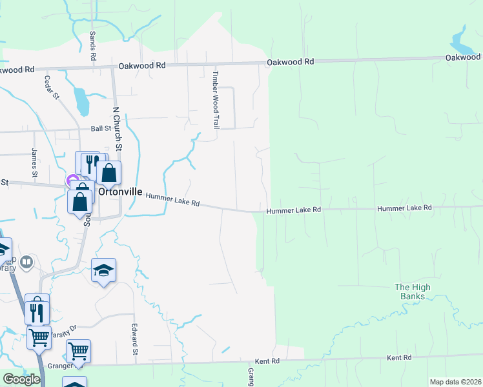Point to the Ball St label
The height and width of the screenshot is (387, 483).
pos(101,128)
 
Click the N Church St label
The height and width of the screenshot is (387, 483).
pos(118,128)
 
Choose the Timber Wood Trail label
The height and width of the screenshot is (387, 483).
pos(216,99)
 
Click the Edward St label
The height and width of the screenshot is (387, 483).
pos(135,339)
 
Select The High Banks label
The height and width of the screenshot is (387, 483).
pos(412,292)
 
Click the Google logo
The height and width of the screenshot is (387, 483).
pos(21,379)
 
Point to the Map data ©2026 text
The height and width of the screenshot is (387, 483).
pos(455,382)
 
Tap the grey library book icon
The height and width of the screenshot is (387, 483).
pos(26,262)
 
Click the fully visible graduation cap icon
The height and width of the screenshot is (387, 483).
pos(103,271)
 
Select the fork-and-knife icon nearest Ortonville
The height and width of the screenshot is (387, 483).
pos(90,165)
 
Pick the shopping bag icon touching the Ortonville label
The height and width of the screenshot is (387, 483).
pos(109,173)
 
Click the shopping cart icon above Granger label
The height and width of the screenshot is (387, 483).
pos(78,352)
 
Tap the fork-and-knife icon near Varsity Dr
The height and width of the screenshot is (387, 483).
pos(37,312)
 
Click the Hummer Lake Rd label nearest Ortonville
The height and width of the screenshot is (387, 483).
pos(172,199)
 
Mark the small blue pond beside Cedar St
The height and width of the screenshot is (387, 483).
pos(81,100)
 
